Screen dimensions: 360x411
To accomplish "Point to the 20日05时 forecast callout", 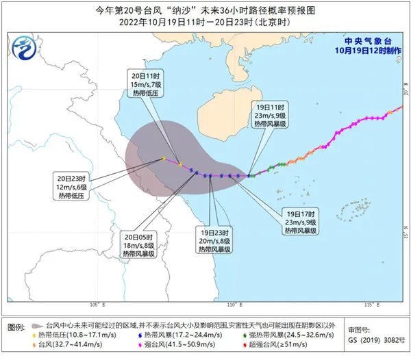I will (138, 244).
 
